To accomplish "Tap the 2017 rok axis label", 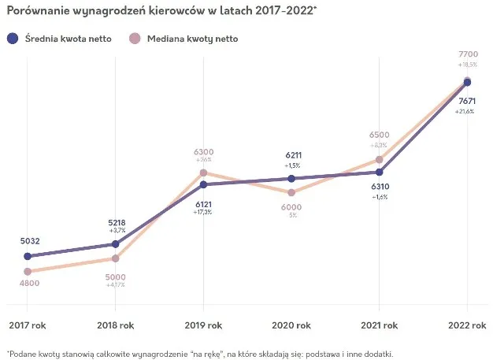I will [x=28, y=325].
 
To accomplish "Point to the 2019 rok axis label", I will [x=203, y=325].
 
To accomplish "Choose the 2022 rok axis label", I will [x=467, y=325].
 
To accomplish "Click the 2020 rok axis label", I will [x=291, y=325].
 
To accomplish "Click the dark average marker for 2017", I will [x=28, y=256].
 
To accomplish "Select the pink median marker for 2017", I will [x=28, y=272].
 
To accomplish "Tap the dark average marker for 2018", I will [x=116, y=244].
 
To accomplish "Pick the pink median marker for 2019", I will [x=203, y=173].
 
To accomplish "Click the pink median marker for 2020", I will [x=291, y=192].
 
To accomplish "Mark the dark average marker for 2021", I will [x=380, y=172].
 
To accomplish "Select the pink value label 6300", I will [x=203, y=152].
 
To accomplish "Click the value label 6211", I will [x=291, y=156].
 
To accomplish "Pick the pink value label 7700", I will [x=467, y=54].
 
